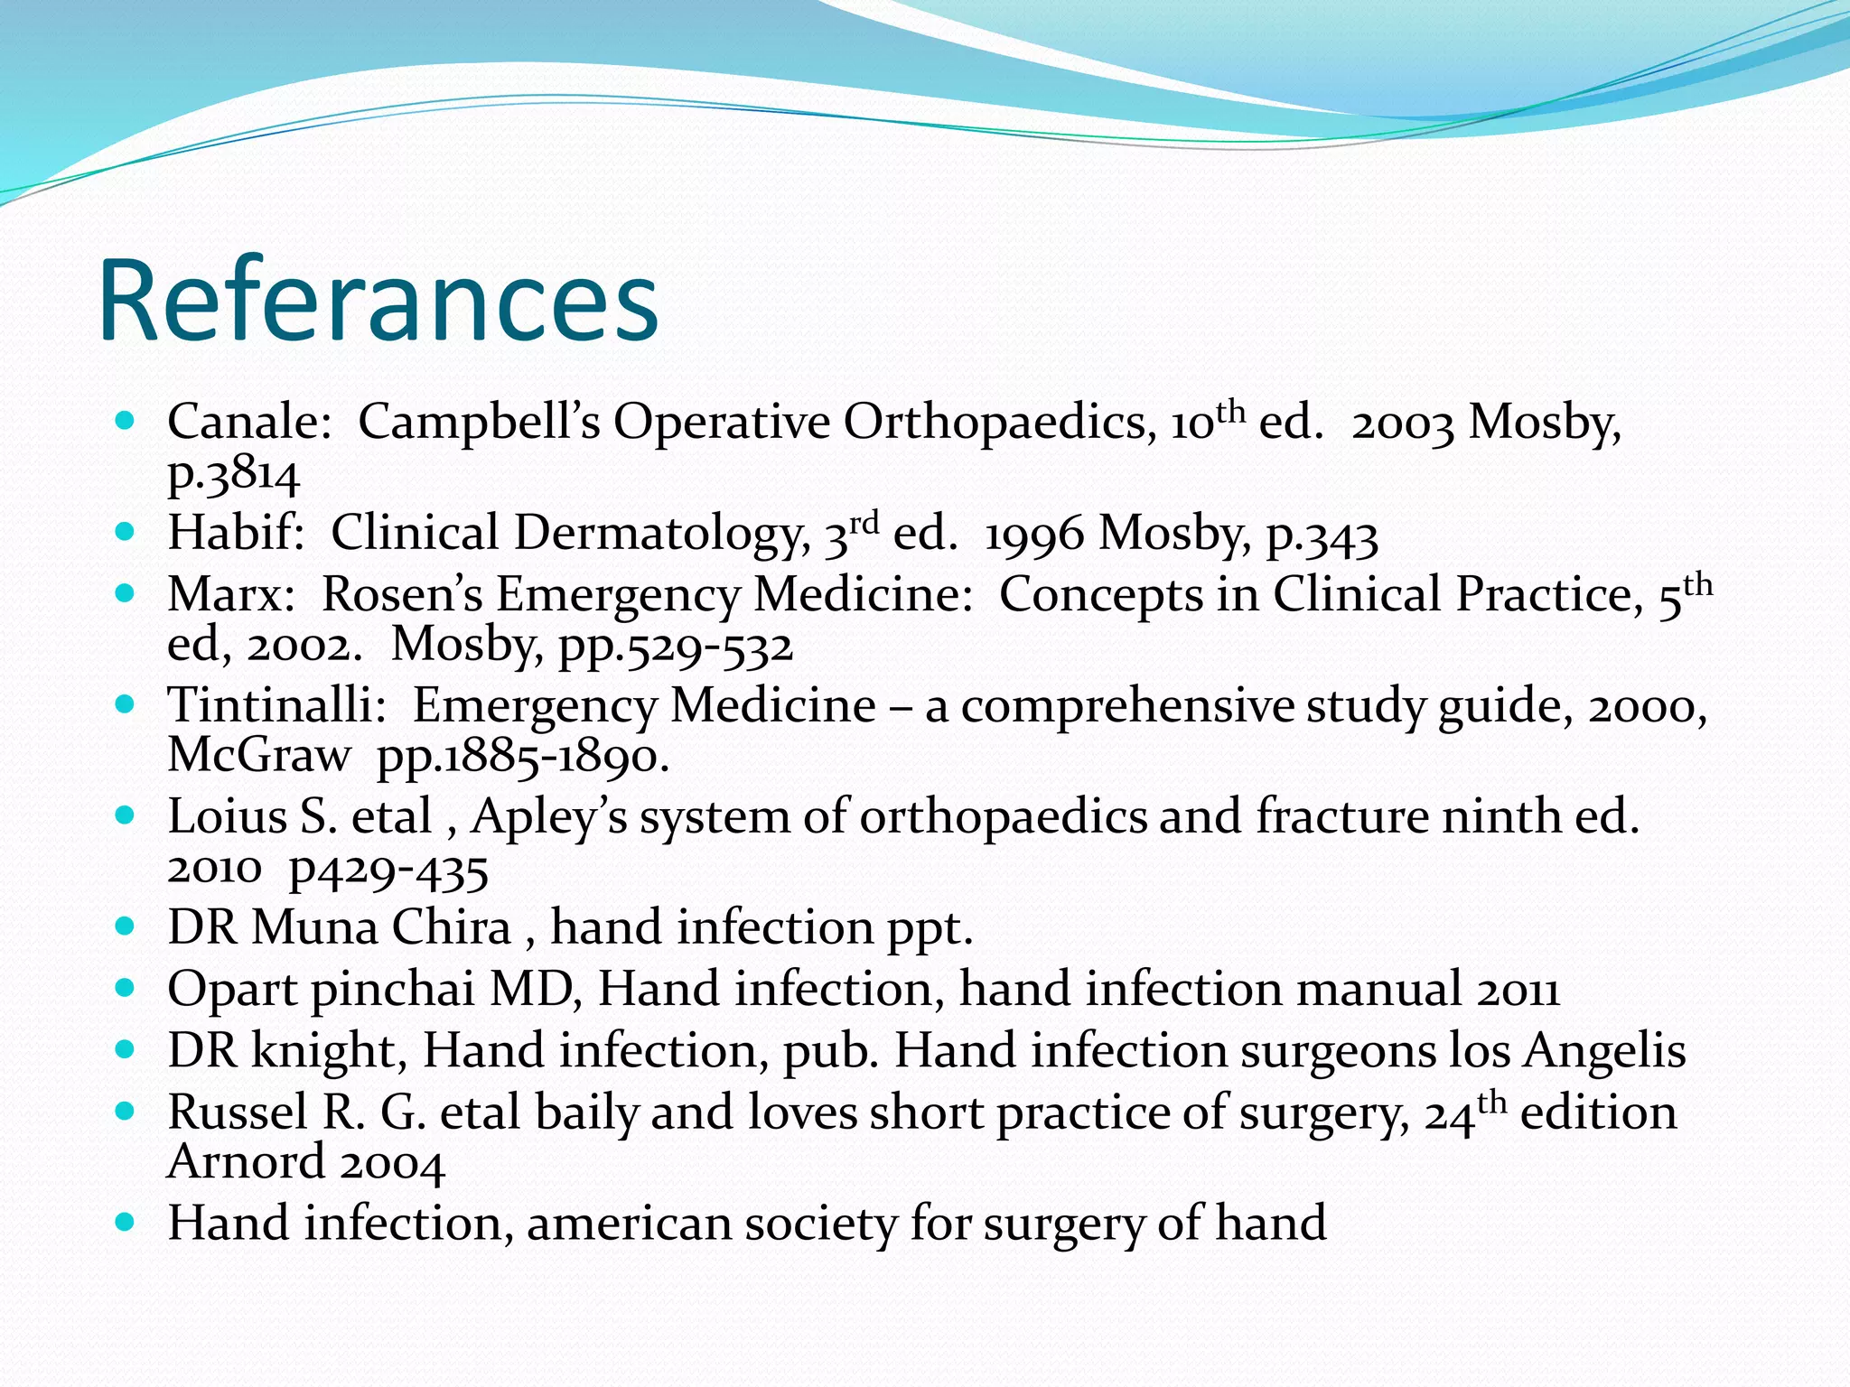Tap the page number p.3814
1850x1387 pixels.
(x=233, y=475)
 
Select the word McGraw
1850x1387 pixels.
(x=258, y=755)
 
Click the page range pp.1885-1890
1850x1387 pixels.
(x=522, y=757)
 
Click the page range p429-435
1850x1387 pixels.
(x=388, y=870)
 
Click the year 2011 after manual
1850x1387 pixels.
(x=1518, y=991)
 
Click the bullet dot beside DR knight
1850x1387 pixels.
(x=126, y=1051)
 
